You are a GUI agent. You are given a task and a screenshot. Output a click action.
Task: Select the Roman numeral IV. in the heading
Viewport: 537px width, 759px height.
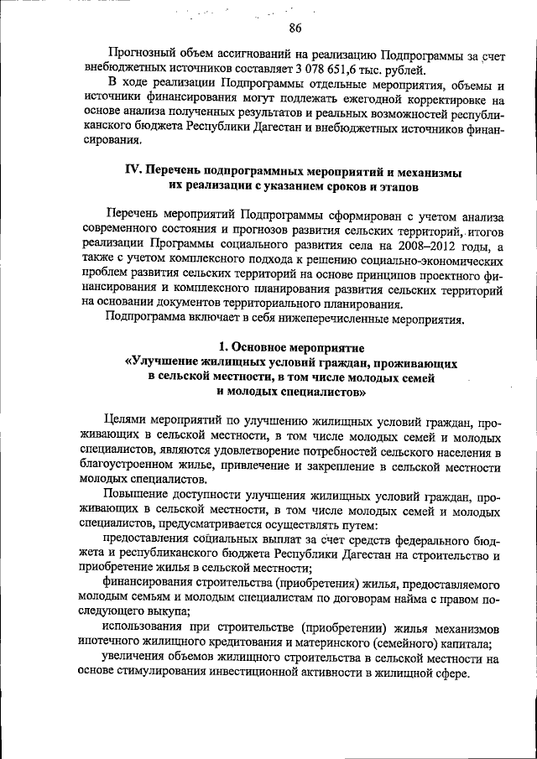138,170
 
